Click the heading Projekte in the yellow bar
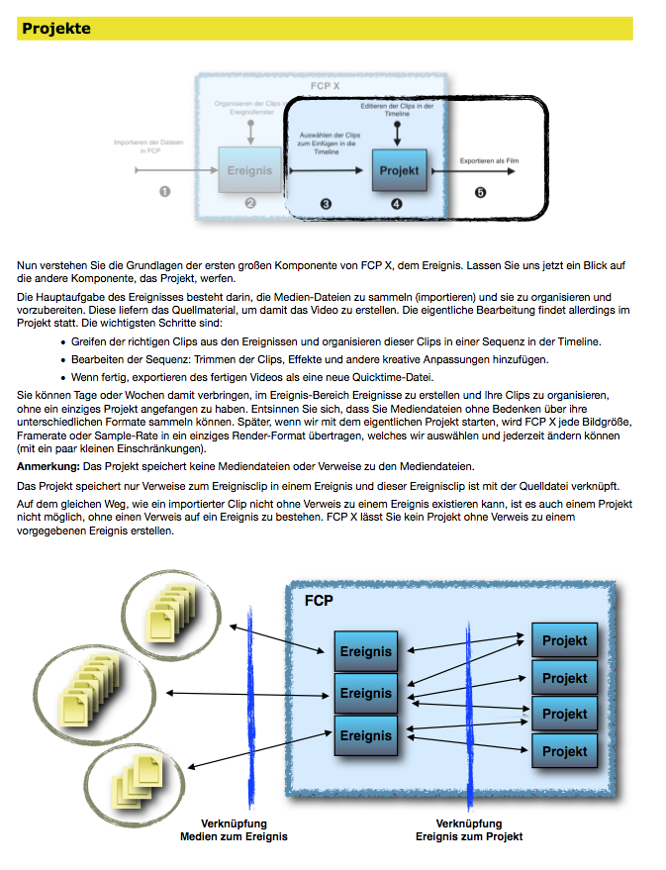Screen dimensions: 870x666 click(x=56, y=29)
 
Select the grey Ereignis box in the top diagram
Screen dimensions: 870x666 click(x=249, y=170)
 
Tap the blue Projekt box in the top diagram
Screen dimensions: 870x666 click(x=399, y=170)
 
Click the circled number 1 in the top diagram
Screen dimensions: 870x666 click(x=164, y=192)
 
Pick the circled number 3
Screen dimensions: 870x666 click(x=326, y=204)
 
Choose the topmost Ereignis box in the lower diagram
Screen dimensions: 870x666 click(x=365, y=651)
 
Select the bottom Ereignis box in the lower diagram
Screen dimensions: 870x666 click(x=365, y=735)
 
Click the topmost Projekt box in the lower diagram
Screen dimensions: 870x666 click(x=564, y=640)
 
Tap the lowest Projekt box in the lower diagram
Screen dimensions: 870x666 click(x=564, y=751)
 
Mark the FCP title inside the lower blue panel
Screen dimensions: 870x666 click(x=319, y=601)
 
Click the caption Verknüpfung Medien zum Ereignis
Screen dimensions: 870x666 click(x=234, y=830)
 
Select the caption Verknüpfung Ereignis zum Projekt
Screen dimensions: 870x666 click(x=469, y=830)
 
